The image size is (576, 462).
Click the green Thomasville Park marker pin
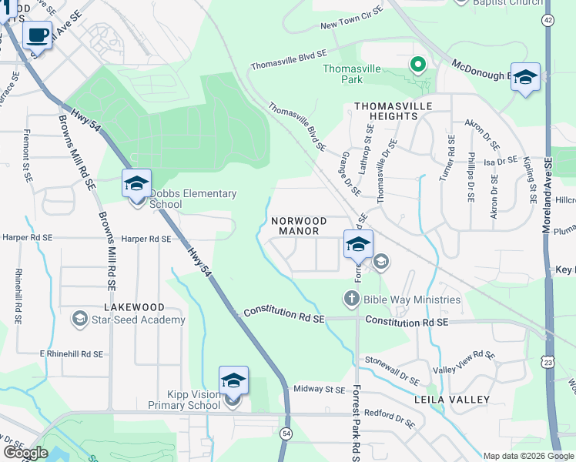pos(418,65)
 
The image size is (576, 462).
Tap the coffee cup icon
pos(38,35)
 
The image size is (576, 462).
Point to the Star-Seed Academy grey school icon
pos(79,319)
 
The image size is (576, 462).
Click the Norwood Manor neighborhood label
pos(299,226)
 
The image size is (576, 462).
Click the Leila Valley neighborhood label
pos(452,400)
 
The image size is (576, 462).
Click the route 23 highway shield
pos(548,361)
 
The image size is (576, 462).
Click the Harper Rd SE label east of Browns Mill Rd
pos(146,239)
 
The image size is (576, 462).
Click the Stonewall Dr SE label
pos(392,370)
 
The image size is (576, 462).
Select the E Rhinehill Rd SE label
pos(71,353)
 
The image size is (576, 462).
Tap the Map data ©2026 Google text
pos(528,456)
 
